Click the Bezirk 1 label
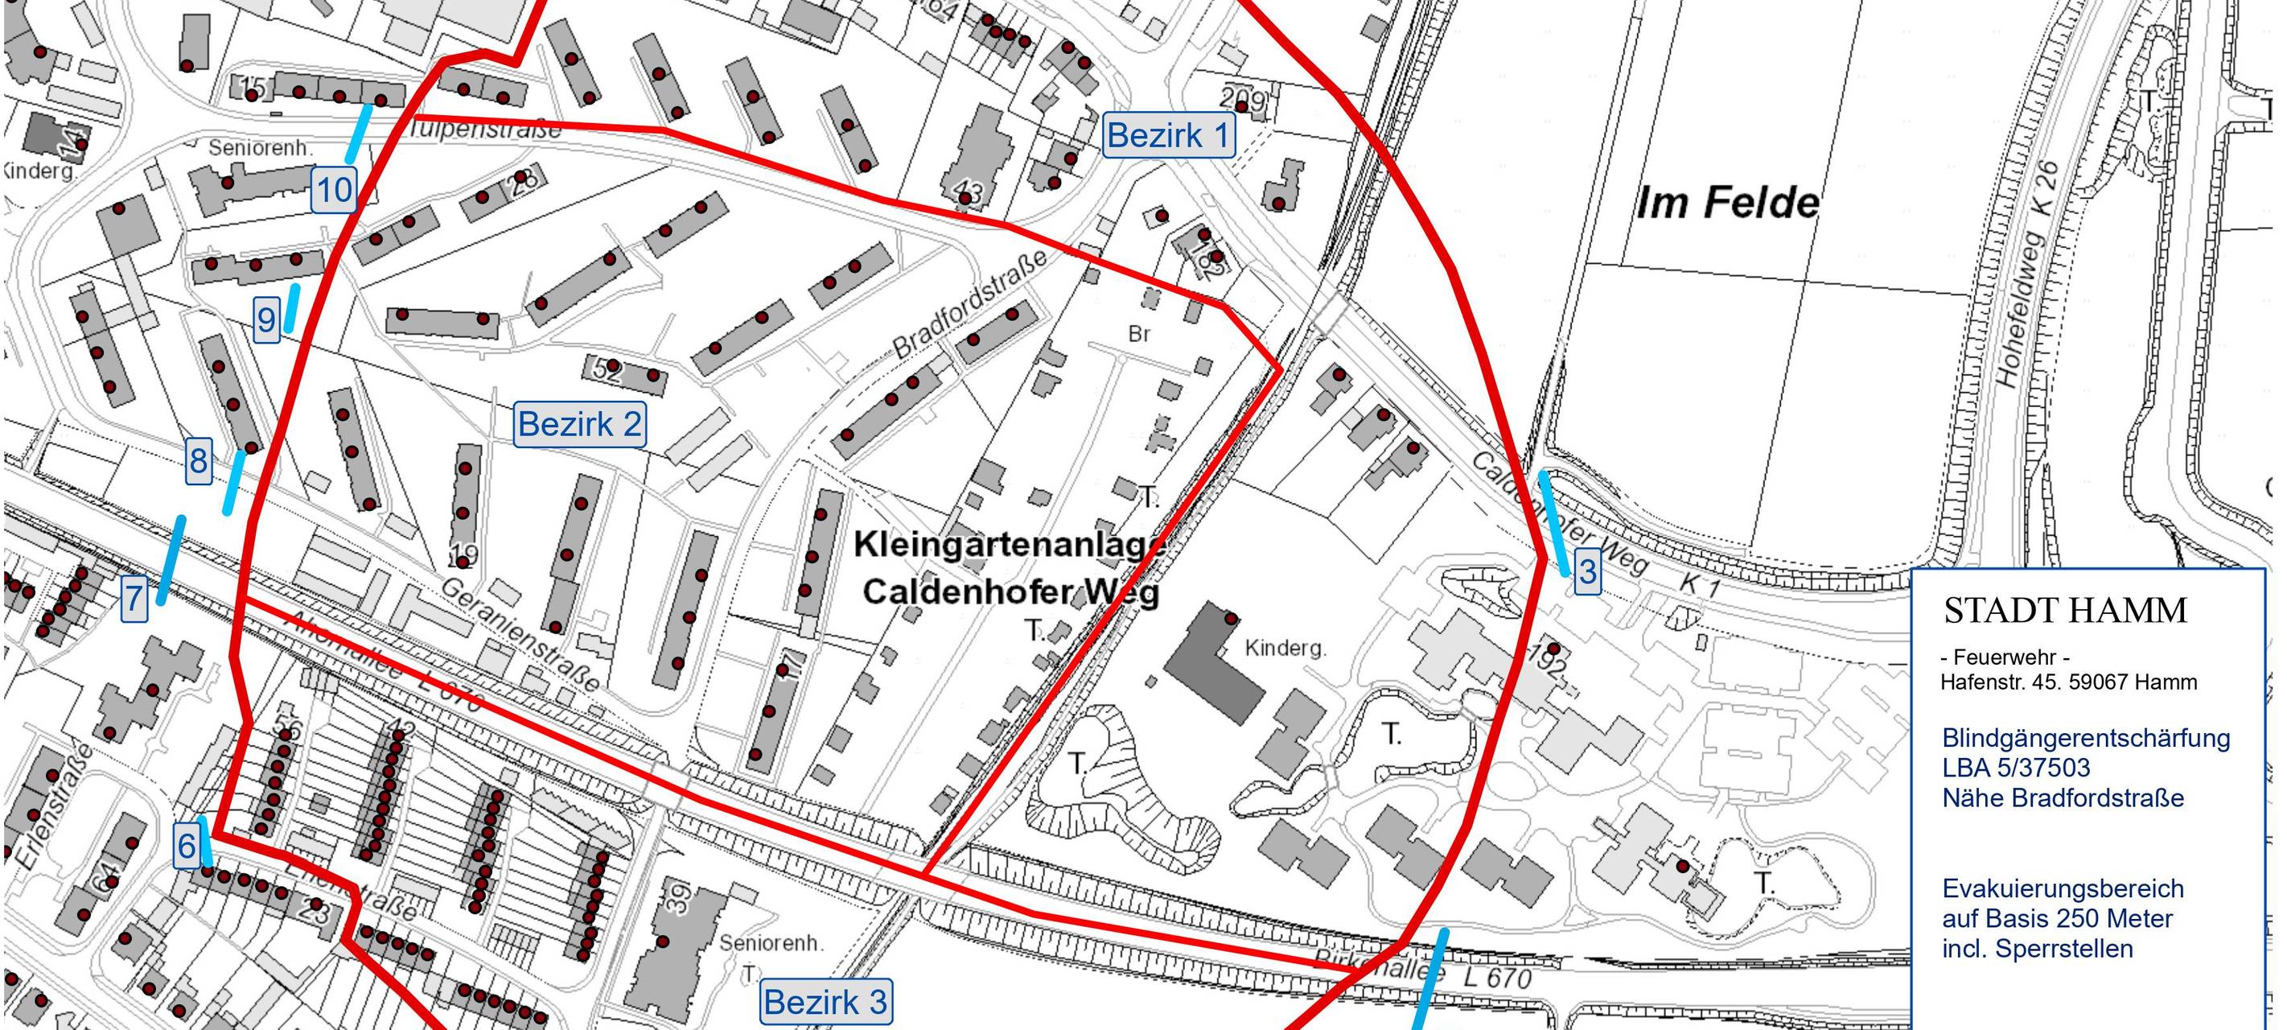[x=1168, y=136]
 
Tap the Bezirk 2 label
[x=579, y=424]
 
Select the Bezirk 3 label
[x=825, y=1002]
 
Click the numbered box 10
[x=334, y=191]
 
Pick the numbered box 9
[x=266, y=319]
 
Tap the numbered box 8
[x=198, y=462]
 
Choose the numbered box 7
[x=134, y=599]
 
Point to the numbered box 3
[x=1587, y=572]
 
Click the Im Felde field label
[x=1727, y=204]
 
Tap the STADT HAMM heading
[x=2065, y=611]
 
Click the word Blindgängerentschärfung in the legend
[x=2085, y=738]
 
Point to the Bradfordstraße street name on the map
[x=969, y=304]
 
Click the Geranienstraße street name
[x=520, y=636]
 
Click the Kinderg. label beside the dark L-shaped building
[x=1285, y=649]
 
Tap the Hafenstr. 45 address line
[x=2067, y=682]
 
